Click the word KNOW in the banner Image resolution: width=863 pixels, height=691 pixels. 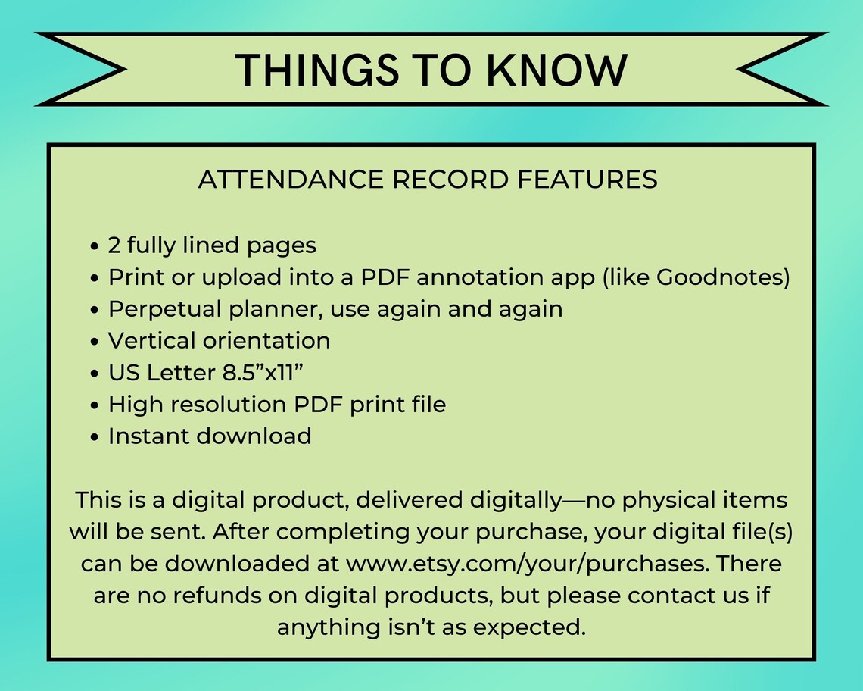557,70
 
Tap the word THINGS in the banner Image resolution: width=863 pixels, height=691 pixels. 317,70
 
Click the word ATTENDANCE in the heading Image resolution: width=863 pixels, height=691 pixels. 291,180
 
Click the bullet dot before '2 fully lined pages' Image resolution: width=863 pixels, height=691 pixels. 95,246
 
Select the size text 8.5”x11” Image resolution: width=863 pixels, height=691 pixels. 263,373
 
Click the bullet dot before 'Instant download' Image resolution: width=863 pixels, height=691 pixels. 95,437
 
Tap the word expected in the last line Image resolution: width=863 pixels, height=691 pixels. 529,628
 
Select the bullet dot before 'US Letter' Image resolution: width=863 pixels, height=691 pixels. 95,374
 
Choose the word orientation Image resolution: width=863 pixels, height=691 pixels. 266,340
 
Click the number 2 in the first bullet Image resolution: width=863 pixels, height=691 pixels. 114,245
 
